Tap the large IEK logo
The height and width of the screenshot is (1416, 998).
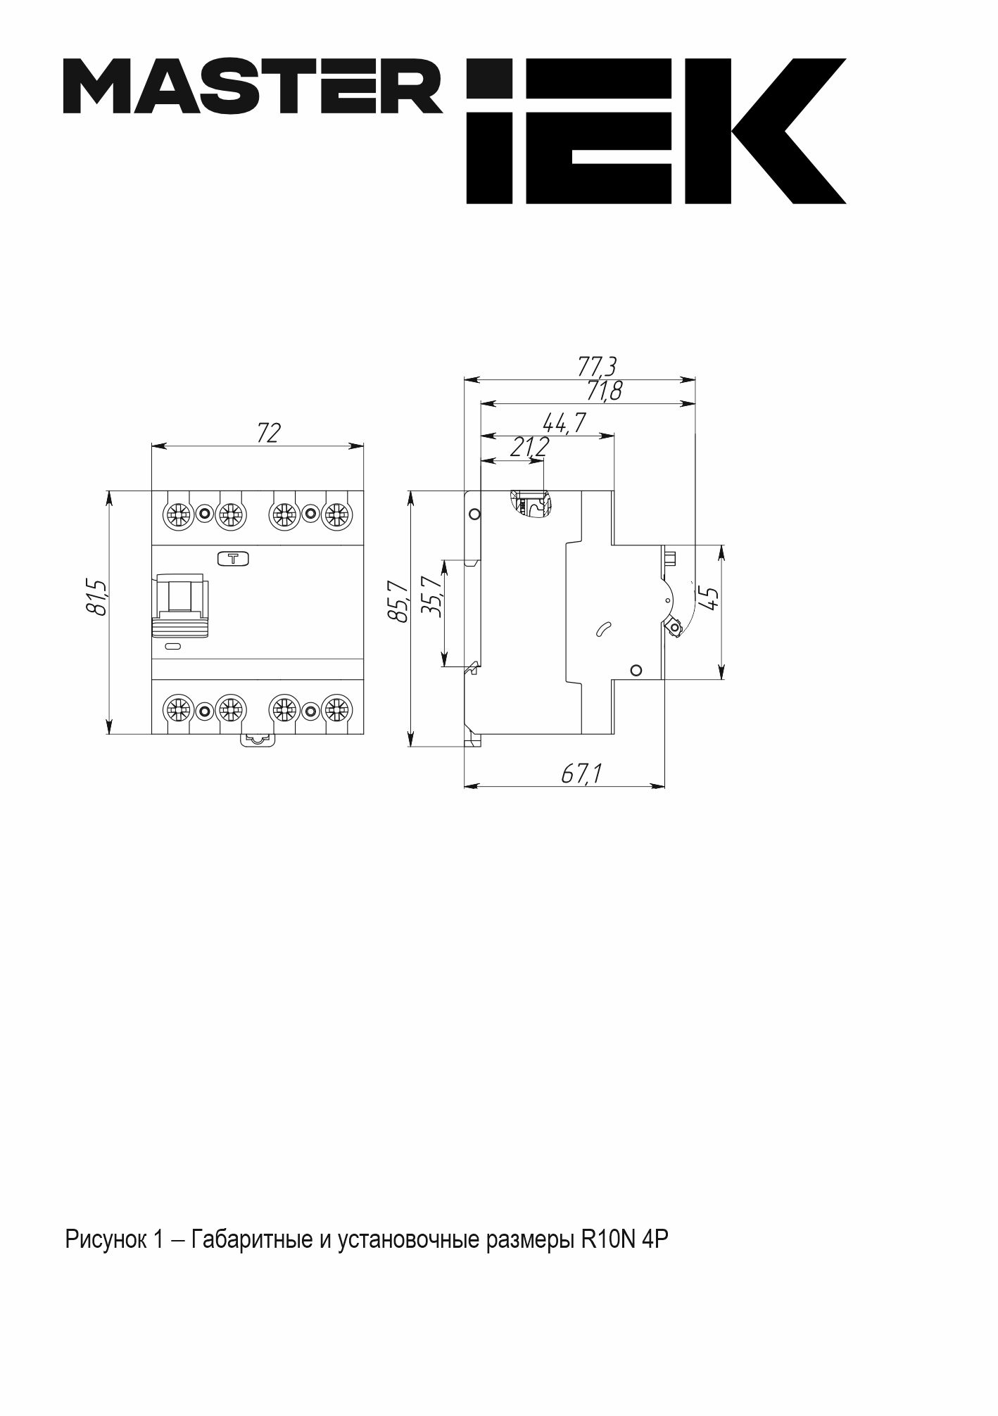(656, 131)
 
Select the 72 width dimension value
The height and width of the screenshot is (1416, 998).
(269, 432)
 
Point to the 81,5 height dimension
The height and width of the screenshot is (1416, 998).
(96, 598)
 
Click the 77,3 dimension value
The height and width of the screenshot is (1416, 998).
(598, 366)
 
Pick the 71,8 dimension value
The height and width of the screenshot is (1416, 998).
(604, 390)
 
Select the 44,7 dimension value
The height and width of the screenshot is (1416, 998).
(564, 422)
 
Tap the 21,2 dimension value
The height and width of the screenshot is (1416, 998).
(529, 446)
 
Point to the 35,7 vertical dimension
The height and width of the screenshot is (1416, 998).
(430, 597)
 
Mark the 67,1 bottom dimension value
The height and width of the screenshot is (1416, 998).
(581, 774)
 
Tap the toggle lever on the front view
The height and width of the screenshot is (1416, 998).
(181, 605)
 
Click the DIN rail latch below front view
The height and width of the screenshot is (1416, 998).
(258, 738)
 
